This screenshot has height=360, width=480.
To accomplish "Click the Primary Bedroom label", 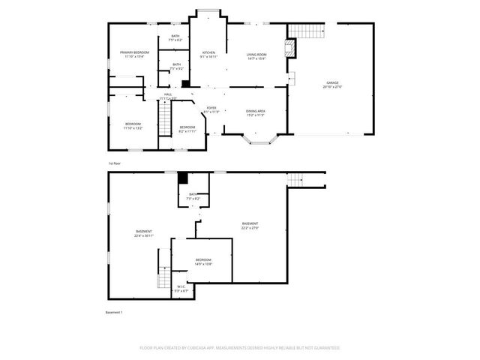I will [135, 54].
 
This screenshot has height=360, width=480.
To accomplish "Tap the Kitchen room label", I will [208, 54].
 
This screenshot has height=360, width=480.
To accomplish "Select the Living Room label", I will [257, 56].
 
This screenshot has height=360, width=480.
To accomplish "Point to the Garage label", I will [333, 84].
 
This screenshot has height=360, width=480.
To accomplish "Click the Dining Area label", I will [256, 113].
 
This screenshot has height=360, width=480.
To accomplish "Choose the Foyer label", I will [211, 109].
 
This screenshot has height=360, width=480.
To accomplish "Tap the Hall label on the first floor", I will [168, 96].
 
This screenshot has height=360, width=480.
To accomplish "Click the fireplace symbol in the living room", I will [292, 49].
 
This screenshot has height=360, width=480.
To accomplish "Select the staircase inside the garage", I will [306, 31].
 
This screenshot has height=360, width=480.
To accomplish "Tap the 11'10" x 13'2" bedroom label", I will [133, 125].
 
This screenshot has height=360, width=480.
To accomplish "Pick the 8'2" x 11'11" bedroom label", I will [187, 129].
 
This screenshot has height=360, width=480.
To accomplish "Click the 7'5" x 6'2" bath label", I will [175, 37].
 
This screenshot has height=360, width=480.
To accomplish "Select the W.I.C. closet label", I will [181, 288].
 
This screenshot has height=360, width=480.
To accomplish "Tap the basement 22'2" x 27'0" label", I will [250, 226].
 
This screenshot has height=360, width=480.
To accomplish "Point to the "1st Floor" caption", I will [114, 163].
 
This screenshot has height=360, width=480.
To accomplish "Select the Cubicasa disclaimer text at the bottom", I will [240, 348].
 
